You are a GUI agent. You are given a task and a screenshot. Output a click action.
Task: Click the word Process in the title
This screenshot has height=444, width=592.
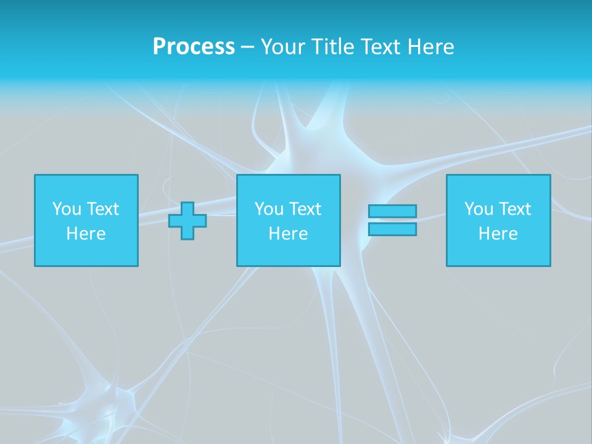coord(194,47)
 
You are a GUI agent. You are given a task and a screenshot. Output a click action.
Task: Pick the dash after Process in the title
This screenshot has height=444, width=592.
coord(247,47)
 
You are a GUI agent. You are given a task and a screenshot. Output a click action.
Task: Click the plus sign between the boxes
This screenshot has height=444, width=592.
coord(187,221)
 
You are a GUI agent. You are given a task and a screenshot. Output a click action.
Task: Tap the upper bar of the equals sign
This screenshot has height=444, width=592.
coord(392,211)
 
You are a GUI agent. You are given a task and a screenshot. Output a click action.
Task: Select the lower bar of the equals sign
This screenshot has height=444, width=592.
coord(392,229)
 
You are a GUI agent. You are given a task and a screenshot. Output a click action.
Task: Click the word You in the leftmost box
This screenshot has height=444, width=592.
coord(66,209)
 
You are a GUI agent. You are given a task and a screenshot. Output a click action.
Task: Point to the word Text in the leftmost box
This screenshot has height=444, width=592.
coord(102,209)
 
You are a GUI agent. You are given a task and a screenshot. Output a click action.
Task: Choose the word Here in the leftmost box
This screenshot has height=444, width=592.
coord(86,234)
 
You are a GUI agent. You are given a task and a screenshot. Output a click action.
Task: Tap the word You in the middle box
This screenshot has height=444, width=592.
coord(268,209)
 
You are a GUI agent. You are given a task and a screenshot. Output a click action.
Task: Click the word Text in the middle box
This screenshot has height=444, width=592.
coord(304,209)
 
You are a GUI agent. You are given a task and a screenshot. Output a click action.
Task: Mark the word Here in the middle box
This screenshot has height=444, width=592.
coord(288,234)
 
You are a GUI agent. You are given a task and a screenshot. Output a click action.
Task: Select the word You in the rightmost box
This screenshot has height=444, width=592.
coord(478,209)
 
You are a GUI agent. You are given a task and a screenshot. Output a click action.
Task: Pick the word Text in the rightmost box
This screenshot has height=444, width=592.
coord(514,209)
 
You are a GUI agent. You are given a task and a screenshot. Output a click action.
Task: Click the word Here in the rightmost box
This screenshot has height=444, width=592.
coord(498,234)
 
